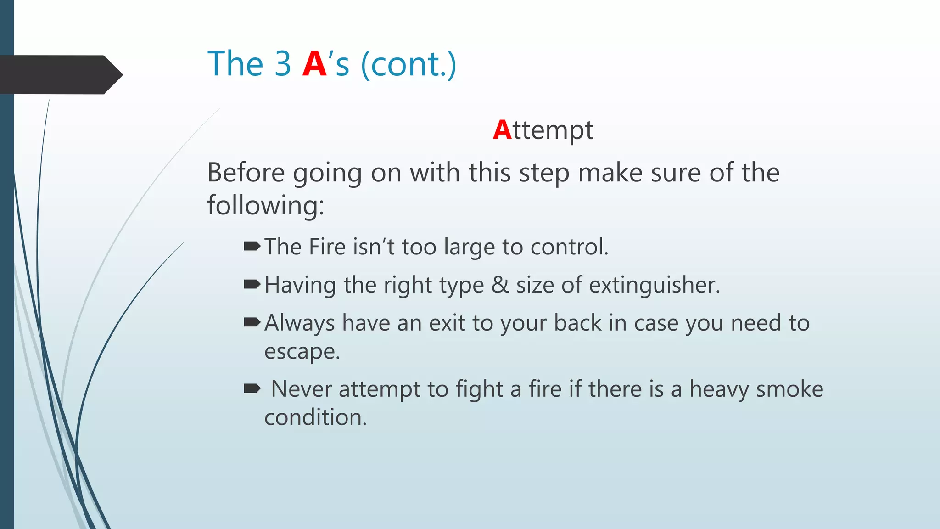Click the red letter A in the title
tap(314, 64)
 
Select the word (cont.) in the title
tap(408, 65)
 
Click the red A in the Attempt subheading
tap(502, 130)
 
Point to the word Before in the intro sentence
tap(246, 173)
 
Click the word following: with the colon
tap(265, 205)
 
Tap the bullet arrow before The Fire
tap(252, 247)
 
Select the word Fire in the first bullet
tap(327, 247)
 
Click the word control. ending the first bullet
tap(569, 247)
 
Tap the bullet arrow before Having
tap(252, 285)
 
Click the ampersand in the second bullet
tap(500, 285)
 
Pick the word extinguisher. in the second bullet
tap(655, 285)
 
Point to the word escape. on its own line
tap(302, 352)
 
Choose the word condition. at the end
tap(315, 418)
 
